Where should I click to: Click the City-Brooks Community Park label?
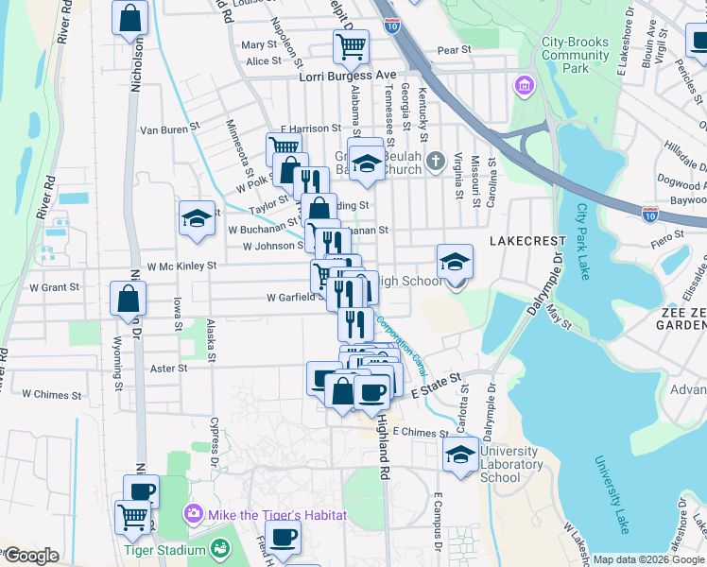coord(576,56)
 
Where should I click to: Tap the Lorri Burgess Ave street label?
coord(347,76)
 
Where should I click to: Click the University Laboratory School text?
coord(512,464)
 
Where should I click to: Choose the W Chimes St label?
coord(52,394)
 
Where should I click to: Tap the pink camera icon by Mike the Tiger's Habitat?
coord(194,515)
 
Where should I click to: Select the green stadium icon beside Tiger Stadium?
coord(220,548)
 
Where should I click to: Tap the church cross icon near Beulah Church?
coord(434,158)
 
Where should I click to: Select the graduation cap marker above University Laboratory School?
coord(460,453)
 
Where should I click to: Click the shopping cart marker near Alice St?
coord(350,46)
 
